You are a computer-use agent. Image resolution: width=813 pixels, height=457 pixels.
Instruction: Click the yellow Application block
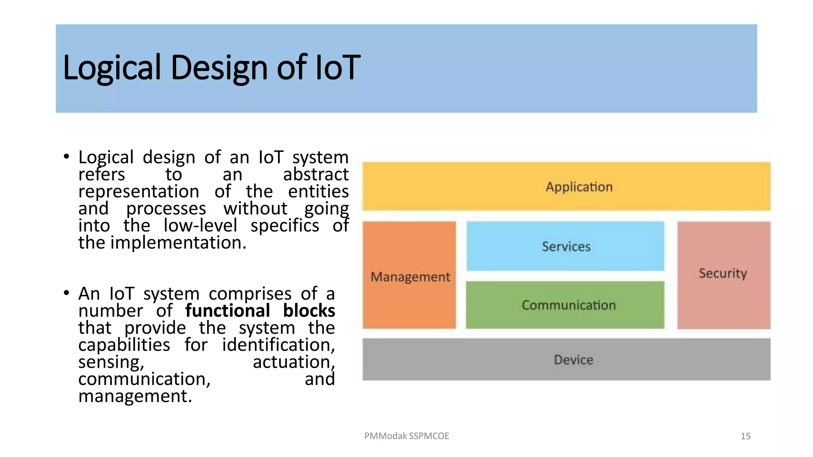tap(566, 186)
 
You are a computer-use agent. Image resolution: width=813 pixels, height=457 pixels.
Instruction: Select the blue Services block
tap(565, 246)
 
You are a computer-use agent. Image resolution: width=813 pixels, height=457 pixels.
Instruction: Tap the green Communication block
tap(565, 305)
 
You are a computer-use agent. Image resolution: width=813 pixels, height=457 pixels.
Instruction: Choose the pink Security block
tap(724, 274)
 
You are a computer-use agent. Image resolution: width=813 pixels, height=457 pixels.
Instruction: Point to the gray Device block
tap(566, 359)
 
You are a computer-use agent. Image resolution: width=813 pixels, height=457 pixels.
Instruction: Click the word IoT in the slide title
tap(338, 67)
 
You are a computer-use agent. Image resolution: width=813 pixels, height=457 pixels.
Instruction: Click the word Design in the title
tap(220, 68)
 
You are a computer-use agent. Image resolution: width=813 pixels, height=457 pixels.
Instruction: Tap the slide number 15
tap(746, 436)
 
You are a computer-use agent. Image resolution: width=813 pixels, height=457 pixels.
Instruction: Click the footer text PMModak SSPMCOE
tap(406, 436)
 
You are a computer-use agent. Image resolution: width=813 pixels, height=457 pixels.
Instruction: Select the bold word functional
tap(227, 311)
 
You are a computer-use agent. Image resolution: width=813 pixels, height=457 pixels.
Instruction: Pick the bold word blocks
tap(309, 311)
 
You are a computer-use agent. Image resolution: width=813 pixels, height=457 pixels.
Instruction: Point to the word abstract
tap(316, 174)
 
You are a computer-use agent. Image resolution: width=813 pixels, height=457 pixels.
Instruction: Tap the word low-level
tap(200, 225)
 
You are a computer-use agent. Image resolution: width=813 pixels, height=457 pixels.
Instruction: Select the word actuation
tap(293, 362)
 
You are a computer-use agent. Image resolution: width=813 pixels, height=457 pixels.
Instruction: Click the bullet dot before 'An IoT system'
tap(66, 293)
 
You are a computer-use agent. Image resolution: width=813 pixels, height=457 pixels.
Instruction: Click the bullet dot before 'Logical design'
tap(66, 156)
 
